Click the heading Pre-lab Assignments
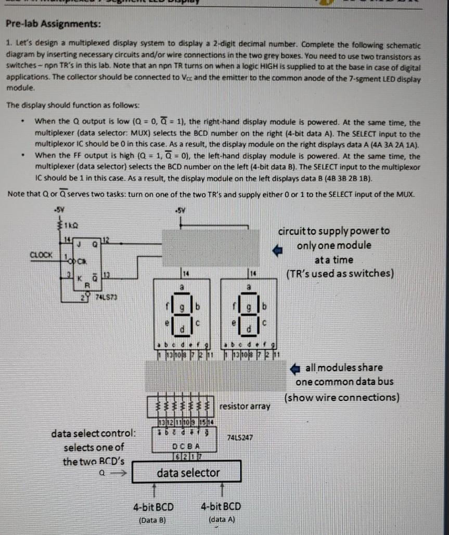tap(54, 25)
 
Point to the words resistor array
tap(245, 405)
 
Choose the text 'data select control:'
tap(94, 433)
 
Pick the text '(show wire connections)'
tap(342, 397)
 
